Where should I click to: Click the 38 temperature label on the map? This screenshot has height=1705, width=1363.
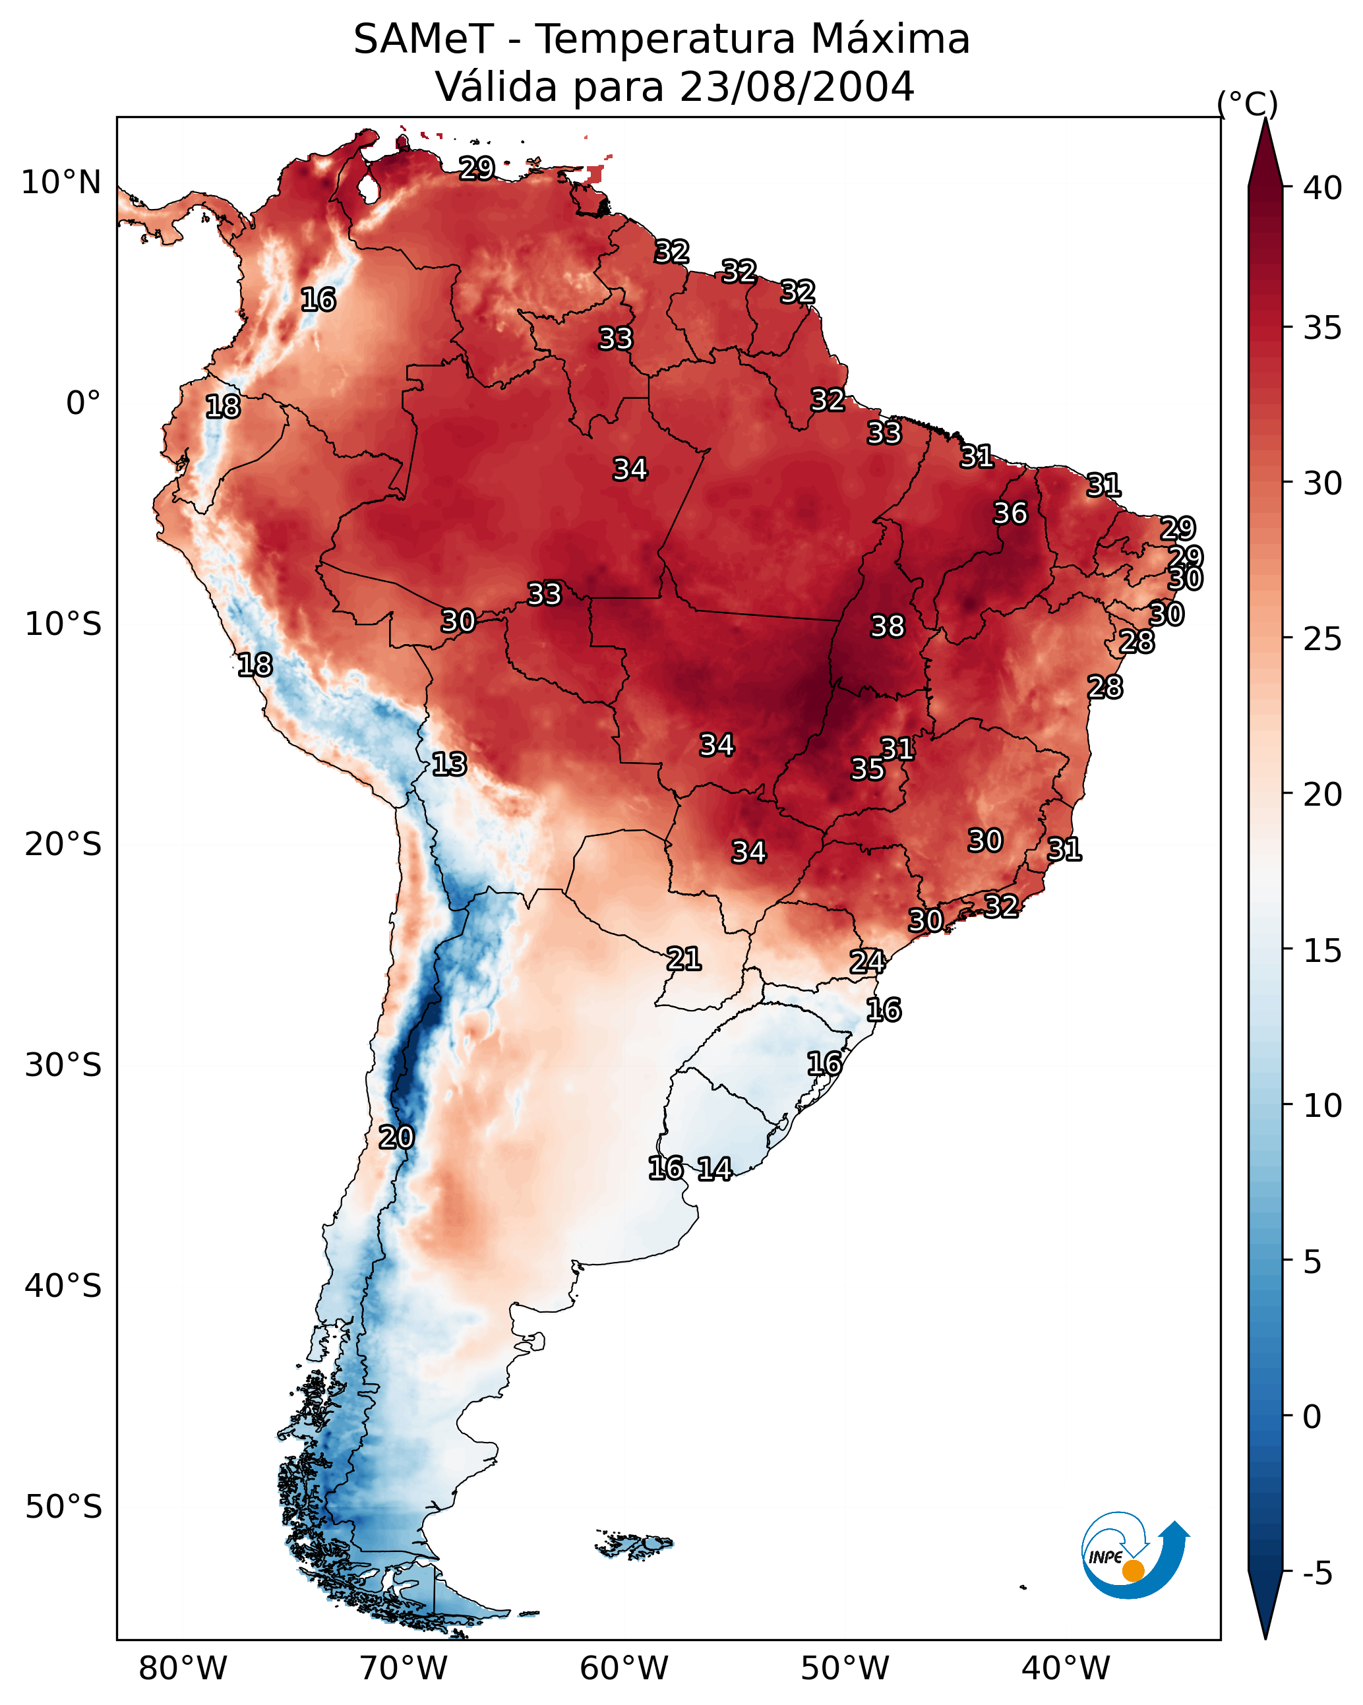(887, 626)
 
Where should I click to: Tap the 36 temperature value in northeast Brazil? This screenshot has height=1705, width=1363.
(1010, 513)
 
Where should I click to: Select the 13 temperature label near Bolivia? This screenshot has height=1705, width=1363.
(448, 764)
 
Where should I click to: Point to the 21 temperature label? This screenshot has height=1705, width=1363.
(683, 959)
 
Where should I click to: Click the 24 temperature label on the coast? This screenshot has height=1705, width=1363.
(867, 962)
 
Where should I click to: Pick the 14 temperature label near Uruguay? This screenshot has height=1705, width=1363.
(714, 1169)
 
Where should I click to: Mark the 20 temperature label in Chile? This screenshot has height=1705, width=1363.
(396, 1137)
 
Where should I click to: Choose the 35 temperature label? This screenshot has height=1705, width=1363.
(867, 769)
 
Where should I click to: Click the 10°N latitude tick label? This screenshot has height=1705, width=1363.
(61, 183)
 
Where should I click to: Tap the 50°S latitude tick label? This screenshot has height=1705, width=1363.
(63, 1507)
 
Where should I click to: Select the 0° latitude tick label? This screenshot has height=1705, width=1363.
(83, 404)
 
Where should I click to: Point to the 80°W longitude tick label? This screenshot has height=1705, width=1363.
(183, 1669)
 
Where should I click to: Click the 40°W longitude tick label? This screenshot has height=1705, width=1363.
(1066, 1669)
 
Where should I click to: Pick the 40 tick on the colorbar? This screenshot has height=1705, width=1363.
(1322, 188)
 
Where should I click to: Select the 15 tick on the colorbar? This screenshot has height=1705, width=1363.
(1322, 951)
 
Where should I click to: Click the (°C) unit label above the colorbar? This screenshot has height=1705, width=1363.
(1247, 104)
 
